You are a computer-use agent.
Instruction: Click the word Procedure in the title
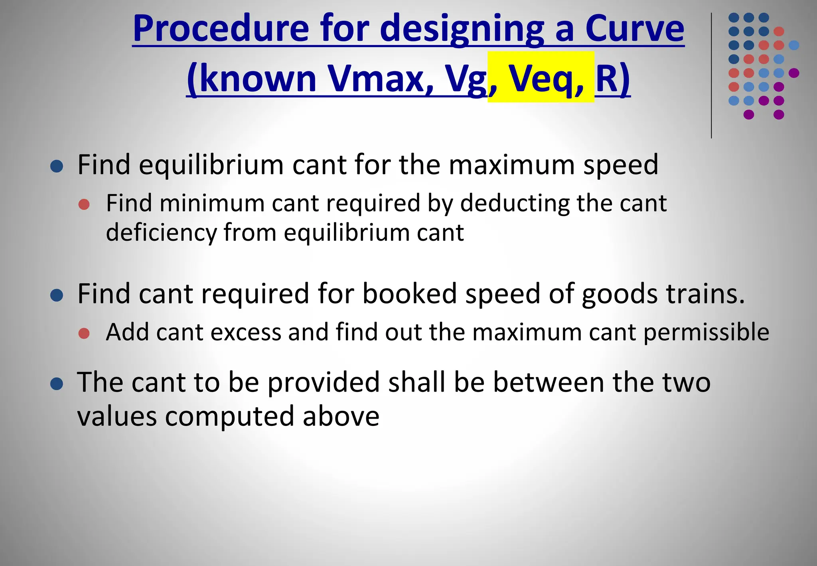click(x=221, y=29)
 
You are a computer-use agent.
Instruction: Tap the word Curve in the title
click(x=634, y=29)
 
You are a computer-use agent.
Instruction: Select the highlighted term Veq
click(x=541, y=78)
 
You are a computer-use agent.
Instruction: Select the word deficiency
click(x=161, y=232)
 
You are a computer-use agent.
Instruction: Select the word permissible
click(x=706, y=332)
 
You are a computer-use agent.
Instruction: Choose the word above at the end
click(x=341, y=416)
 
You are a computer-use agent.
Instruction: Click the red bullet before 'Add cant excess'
click(x=84, y=333)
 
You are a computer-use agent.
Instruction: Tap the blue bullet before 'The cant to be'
click(x=57, y=384)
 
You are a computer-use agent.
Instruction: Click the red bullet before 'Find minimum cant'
click(x=84, y=204)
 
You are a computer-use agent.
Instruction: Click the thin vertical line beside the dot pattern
click(x=711, y=76)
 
